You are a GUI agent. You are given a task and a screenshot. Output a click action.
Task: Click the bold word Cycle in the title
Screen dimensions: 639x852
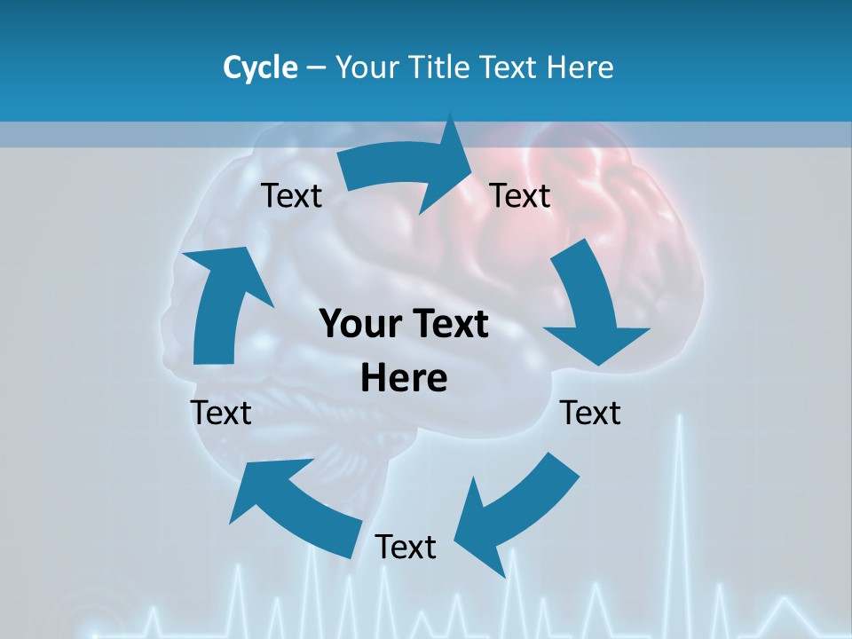pyautogui.click(x=260, y=67)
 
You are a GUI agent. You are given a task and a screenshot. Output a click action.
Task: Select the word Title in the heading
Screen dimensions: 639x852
pyautogui.click(x=441, y=67)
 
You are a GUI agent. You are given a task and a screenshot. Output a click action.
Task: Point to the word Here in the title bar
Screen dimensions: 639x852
pyautogui.click(x=581, y=67)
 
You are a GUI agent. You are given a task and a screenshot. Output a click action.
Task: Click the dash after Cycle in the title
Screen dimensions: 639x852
pyautogui.click(x=316, y=67)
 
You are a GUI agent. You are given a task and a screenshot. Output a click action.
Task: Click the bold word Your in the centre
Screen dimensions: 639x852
pyautogui.click(x=359, y=324)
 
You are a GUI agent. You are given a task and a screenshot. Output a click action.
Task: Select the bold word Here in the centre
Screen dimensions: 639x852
pyautogui.click(x=404, y=378)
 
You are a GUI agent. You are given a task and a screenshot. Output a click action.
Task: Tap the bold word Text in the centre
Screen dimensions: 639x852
pyautogui.click(x=450, y=324)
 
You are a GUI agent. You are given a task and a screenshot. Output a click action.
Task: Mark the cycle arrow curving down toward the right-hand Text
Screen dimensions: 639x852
pyautogui.click(x=590, y=306)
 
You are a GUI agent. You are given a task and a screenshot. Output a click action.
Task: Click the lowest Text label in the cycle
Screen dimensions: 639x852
pyautogui.click(x=406, y=547)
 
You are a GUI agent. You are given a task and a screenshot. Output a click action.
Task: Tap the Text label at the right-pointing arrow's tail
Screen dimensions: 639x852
pyautogui.click(x=292, y=195)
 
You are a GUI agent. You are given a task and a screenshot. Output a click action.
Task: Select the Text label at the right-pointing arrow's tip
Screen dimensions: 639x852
pyautogui.click(x=520, y=195)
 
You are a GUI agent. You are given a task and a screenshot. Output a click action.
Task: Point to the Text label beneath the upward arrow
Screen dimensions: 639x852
pyautogui.click(x=222, y=413)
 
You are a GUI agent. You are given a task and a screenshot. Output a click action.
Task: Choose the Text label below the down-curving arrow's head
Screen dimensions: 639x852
pyautogui.click(x=591, y=413)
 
